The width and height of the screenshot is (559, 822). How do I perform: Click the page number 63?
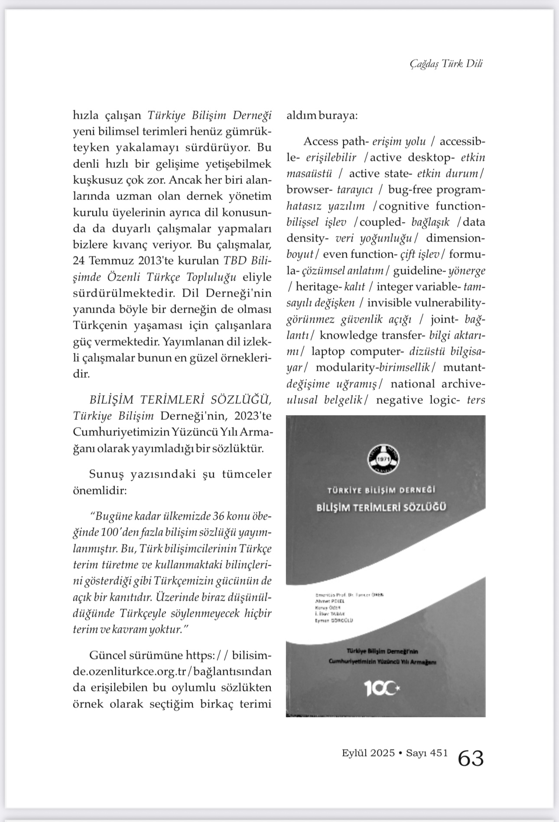(x=471, y=758)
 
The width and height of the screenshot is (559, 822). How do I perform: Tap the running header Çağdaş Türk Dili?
(x=446, y=63)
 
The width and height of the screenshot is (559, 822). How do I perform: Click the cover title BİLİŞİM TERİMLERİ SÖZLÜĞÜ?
(x=381, y=507)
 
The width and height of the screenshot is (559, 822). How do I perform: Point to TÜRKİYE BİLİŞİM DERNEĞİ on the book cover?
(x=381, y=490)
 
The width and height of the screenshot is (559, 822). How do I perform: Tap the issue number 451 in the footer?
(x=439, y=753)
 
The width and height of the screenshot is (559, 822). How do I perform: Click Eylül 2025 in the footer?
(x=368, y=753)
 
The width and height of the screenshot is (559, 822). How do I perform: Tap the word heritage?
(x=318, y=287)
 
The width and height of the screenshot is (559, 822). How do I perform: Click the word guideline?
(x=416, y=271)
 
